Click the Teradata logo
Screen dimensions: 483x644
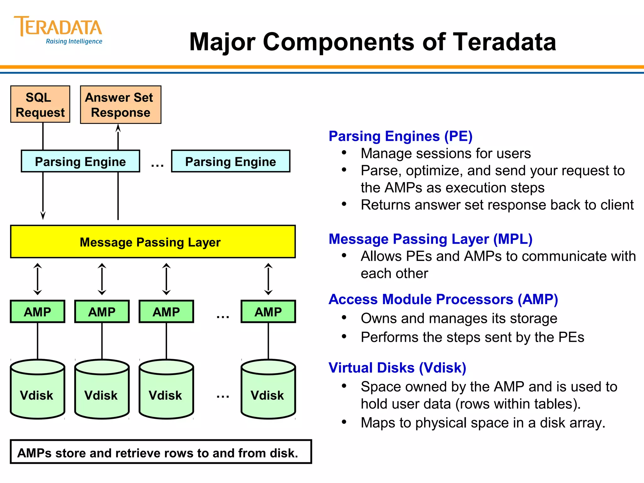(x=58, y=30)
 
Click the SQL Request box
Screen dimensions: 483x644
(x=40, y=104)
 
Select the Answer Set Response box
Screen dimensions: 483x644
(x=120, y=105)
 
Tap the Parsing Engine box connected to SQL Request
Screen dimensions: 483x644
(x=80, y=161)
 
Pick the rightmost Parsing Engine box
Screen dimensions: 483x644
(x=230, y=161)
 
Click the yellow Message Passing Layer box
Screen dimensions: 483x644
(x=153, y=242)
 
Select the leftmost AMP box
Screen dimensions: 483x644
(x=37, y=312)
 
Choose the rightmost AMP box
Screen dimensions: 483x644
(x=268, y=312)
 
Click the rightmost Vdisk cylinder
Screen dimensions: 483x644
(x=268, y=390)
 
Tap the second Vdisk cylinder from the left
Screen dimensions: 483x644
(x=102, y=390)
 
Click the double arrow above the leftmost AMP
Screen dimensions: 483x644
(x=37, y=279)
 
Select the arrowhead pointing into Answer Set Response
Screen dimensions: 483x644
(x=118, y=128)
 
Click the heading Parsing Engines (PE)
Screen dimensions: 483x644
(x=400, y=136)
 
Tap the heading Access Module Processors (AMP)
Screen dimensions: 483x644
(x=443, y=299)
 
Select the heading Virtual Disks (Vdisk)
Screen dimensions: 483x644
(x=397, y=368)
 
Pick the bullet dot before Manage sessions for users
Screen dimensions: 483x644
(x=344, y=153)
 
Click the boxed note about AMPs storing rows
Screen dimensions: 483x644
(x=161, y=452)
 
